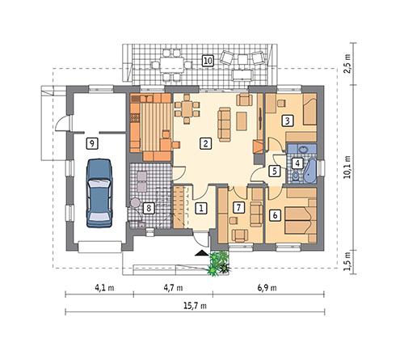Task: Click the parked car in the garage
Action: (x=99, y=192)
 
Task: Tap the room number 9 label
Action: (x=93, y=142)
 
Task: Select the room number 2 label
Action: (x=207, y=143)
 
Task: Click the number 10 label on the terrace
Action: (x=207, y=60)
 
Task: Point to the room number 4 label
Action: (x=298, y=163)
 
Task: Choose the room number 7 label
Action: (x=238, y=208)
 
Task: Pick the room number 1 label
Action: (x=200, y=208)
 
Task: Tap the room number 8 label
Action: (x=148, y=208)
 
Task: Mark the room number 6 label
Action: (x=276, y=215)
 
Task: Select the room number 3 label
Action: (x=287, y=121)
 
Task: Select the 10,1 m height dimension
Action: (x=349, y=168)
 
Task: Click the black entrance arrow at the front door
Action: (x=199, y=253)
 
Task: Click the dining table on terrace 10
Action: (x=170, y=60)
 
